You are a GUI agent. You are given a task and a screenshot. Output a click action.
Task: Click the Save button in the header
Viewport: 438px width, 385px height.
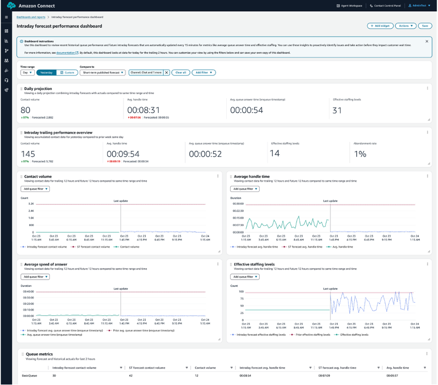425,26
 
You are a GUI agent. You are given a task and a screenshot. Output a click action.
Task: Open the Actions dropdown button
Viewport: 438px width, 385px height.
406,26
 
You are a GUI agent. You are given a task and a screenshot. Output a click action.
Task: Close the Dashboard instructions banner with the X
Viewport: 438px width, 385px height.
427,41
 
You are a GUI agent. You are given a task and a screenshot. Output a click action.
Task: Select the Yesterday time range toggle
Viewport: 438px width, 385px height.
47,72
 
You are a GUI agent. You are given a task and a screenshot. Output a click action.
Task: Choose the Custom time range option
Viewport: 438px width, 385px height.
67,72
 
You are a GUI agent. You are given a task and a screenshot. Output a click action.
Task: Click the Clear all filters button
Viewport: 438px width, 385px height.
180,72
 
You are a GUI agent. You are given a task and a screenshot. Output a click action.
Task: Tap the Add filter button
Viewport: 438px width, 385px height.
203,72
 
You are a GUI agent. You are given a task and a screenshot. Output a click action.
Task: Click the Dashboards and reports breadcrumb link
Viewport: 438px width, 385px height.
31,17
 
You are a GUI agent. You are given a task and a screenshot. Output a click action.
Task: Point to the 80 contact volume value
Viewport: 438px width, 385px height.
25,110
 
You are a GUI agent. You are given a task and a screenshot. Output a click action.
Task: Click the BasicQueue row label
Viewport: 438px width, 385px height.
30,375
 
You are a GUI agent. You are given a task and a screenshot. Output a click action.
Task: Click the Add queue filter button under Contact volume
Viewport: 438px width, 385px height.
35,189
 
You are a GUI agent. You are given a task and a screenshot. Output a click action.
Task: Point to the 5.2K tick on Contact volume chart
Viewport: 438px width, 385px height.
31,204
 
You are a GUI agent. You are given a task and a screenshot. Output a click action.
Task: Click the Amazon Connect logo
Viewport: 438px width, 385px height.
12,6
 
